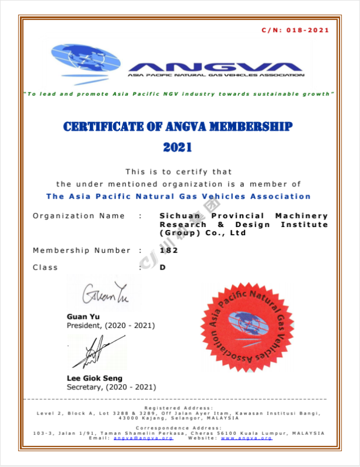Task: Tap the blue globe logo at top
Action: [x=85, y=61]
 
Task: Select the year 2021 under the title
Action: [x=178, y=147]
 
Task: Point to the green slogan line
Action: [x=178, y=94]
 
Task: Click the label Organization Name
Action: [x=79, y=216]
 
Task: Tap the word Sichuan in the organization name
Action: [x=178, y=216]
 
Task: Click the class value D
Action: [x=163, y=267]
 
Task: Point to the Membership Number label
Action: [x=82, y=250]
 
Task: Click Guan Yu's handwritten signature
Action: [x=104, y=294]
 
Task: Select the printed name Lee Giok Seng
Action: [x=95, y=378]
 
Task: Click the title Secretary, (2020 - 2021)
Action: [x=111, y=386]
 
